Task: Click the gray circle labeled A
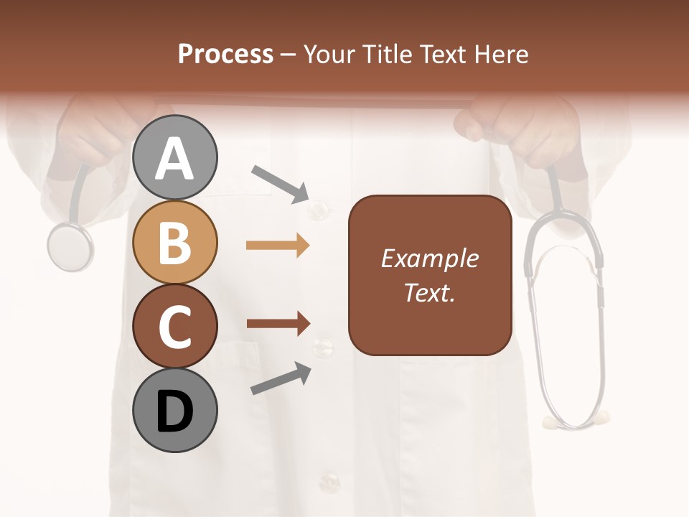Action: click(174, 157)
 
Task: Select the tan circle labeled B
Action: click(174, 242)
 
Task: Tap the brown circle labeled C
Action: click(174, 327)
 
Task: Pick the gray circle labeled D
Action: click(174, 411)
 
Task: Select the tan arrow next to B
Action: click(278, 246)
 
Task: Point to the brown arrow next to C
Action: click(278, 323)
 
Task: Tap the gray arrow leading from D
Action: click(281, 379)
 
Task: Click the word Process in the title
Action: click(225, 54)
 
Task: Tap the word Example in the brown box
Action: click(429, 258)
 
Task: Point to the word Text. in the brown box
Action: click(429, 292)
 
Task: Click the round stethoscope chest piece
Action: click(70, 246)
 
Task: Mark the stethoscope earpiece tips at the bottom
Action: click(578, 419)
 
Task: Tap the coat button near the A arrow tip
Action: click(317, 210)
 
